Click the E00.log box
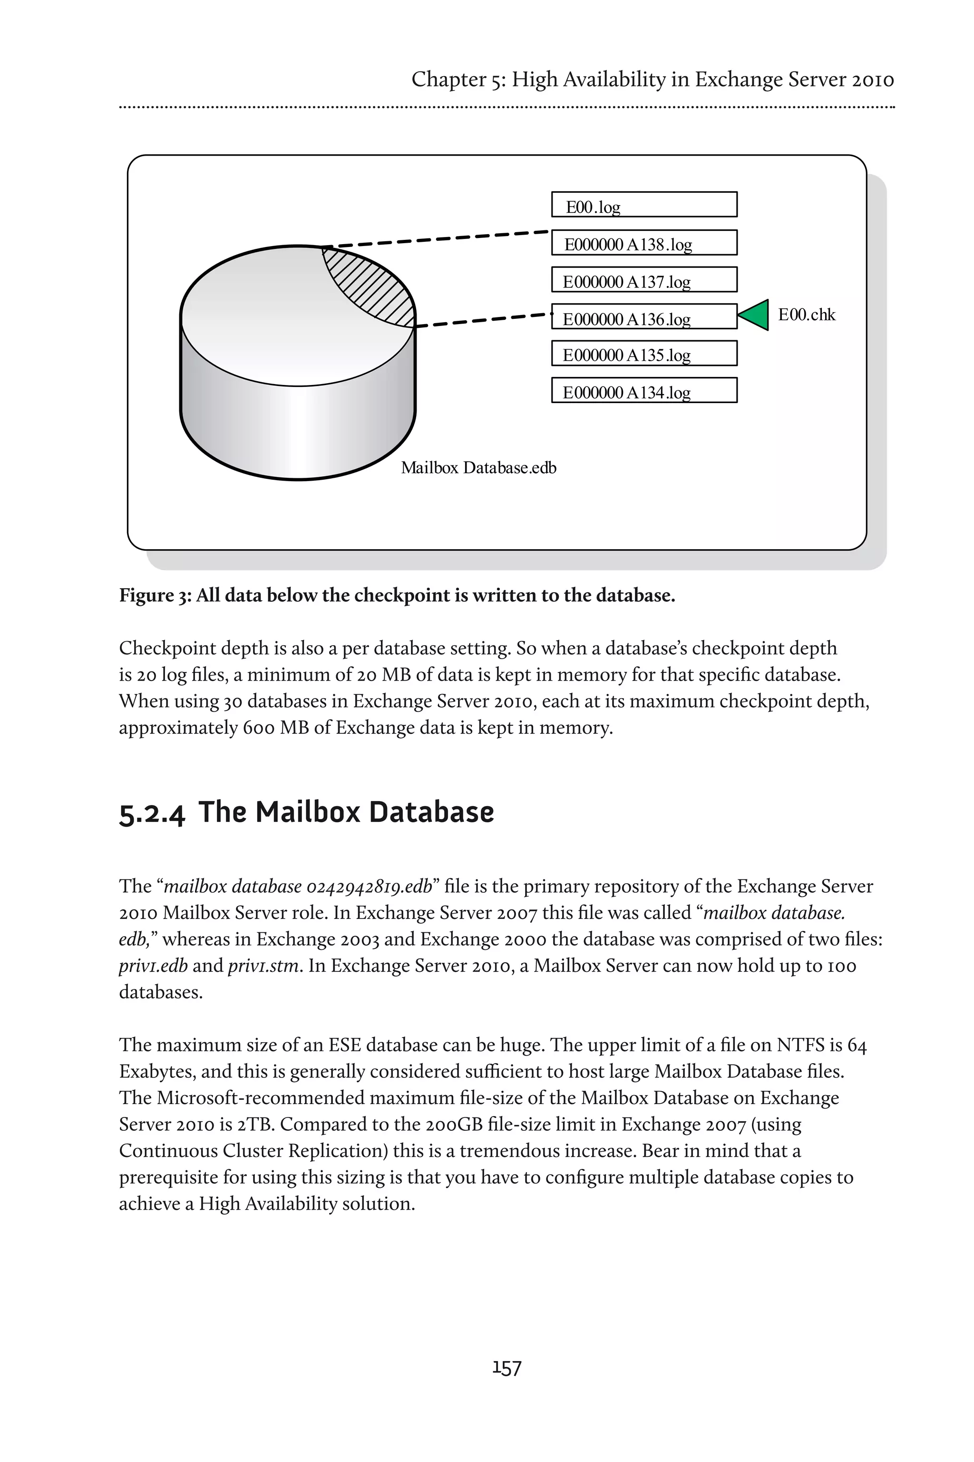point(644,205)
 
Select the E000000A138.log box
point(644,242)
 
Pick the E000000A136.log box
point(644,316)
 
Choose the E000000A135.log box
point(644,353)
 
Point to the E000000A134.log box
point(644,390)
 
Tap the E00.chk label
point(806,315)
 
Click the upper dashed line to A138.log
point(435,239)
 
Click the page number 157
point(507,1368)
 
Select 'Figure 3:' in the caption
point(155,595)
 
